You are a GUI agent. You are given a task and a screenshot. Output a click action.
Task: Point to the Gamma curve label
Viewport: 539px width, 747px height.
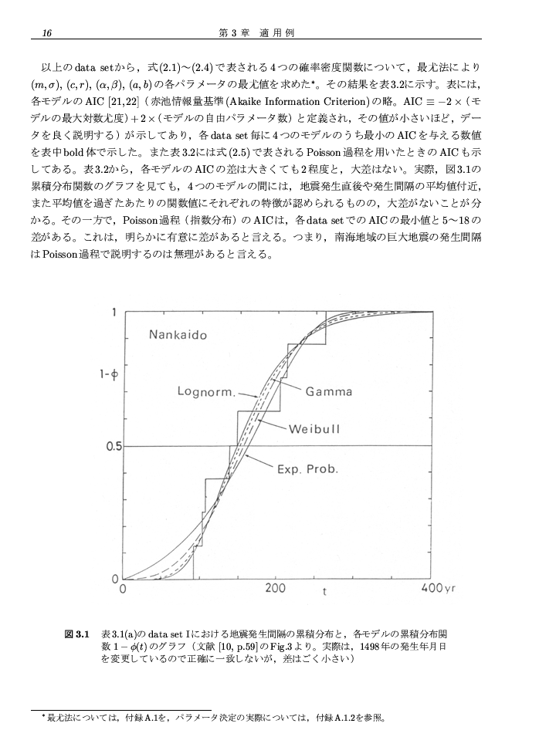pos(328,392)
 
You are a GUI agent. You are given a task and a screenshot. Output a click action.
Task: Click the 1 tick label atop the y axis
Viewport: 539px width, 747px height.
pos(115,313)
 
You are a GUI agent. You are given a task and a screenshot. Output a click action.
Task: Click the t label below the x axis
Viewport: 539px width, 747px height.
pos(325,594)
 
